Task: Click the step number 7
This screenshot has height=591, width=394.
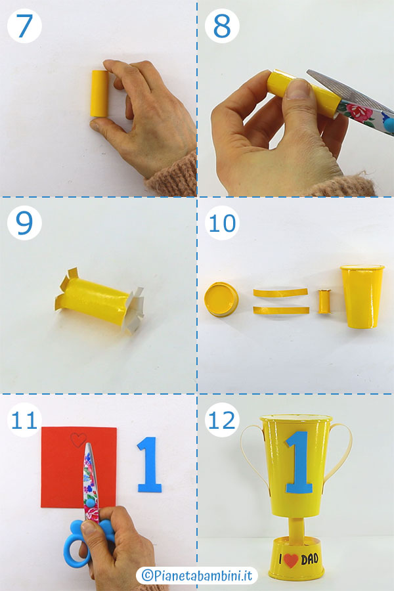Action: coord(24,26)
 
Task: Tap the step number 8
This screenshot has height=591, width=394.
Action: coord(222,26)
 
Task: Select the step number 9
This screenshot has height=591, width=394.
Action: coord(24,223)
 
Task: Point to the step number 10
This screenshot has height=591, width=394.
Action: coord(222,223)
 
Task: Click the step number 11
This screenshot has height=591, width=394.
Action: coord(24,420)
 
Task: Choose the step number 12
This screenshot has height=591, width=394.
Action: coord(222,420)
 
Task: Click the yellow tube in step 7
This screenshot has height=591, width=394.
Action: coord(99,93)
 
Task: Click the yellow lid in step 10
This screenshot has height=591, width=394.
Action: coord(221,299)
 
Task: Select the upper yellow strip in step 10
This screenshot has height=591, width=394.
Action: coord(280,292)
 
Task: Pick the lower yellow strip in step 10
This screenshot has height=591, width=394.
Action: coord(281,310)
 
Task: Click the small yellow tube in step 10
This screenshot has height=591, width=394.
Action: coord(324,301)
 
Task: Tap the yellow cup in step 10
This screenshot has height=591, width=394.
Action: coord(362,296)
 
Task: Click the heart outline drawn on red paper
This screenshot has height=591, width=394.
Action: coord(78,440)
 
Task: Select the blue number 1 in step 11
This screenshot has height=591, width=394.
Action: coord(149,464)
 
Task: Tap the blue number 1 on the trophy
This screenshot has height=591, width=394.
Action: coord(299,462)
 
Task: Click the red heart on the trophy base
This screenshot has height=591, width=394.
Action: coord(291,561)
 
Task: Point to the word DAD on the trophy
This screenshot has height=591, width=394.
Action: coord(309,559)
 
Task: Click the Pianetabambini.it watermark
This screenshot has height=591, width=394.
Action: coord(196,575)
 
